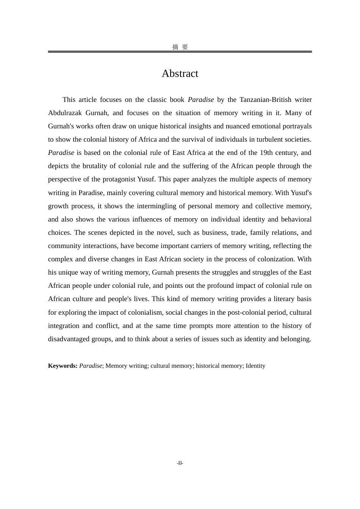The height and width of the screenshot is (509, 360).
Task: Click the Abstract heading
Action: point(180,73)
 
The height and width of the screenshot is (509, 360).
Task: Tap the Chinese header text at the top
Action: point(180,47)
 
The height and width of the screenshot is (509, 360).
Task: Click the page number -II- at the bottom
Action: point(180,463)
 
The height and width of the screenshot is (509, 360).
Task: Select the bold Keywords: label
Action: point(63,366)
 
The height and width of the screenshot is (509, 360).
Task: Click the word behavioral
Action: point(296,219)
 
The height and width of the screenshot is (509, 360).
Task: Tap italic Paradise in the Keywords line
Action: point(91,366)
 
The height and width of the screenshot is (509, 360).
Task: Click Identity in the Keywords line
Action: point(255,366)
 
